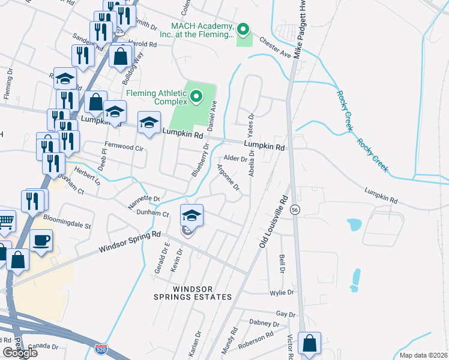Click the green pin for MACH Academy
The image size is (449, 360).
tap(243, 29)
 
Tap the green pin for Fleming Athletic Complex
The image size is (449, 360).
tap(196, 96)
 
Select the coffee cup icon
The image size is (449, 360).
tap(41, 239)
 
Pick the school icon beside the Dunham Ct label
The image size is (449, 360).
tap(191, 215)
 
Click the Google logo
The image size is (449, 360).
tap(20, 353)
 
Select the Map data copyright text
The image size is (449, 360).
tap(423, 355)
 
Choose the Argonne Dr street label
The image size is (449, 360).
tap(228, 178)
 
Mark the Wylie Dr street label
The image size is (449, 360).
tap(282, 292)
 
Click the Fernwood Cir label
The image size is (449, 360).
tap(125, 146)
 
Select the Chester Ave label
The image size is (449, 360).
tap(275, 47)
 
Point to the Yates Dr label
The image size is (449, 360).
tap(251, 124)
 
